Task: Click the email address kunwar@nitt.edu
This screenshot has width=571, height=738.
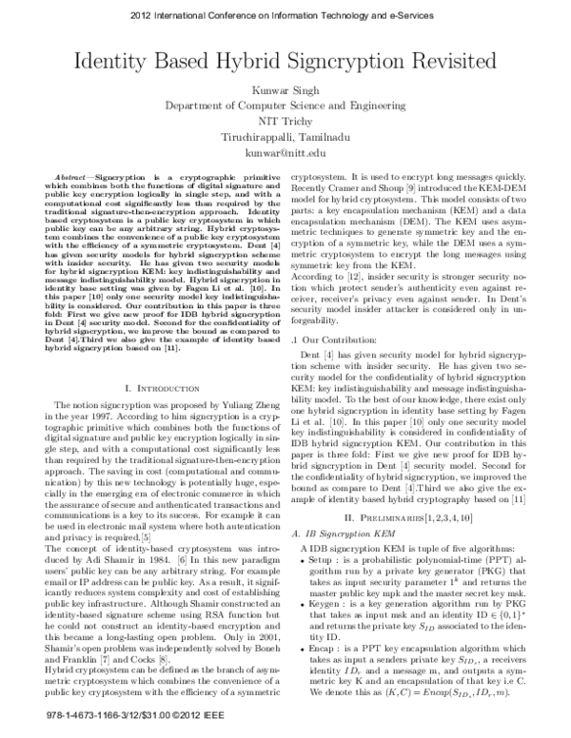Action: [x=285, y=152]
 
